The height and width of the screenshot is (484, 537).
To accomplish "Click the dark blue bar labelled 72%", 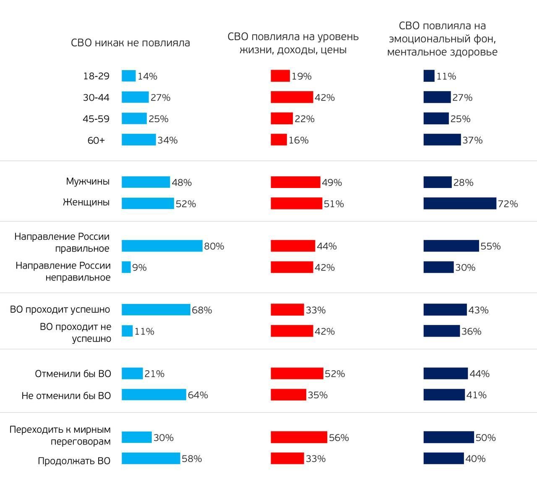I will click(x=460, y=204).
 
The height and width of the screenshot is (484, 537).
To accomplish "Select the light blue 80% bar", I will click(x=162, y=246).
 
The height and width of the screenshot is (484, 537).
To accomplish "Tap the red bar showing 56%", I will click(x=299, y=437).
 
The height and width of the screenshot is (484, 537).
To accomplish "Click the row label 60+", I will click(x=96, y=140).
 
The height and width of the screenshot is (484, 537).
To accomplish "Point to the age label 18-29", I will click(x=96, y=76).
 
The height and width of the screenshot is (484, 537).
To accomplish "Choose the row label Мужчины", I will click(x=88, y=181).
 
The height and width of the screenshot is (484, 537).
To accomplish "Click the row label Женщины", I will click(x=86, y=202).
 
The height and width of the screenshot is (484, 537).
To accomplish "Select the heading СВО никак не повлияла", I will click(x=130, y=43).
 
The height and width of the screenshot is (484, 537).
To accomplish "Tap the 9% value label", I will click(x=139, y=267).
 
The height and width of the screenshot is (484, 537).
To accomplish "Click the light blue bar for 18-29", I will click(x=129, y=76).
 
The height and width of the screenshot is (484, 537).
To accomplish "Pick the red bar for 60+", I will click(x=279, y=140).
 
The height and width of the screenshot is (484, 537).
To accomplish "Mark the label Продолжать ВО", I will click(x=74, y=461).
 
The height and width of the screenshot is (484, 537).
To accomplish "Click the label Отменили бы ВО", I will click(x=73, y=374).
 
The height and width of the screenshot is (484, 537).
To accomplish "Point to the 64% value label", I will click(x=198, y=395).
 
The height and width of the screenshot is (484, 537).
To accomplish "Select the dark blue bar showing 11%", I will click(x=429, y=76).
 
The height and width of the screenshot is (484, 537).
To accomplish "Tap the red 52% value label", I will click(x=335, y=374).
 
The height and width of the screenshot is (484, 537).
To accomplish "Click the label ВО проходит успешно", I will click(x=60, y=310).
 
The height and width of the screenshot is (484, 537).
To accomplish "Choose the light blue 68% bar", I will click(x=156, y=310).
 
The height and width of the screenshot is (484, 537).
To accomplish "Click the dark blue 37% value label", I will click(x=472, y=140).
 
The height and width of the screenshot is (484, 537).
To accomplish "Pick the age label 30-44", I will click(x=96, y=97).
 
